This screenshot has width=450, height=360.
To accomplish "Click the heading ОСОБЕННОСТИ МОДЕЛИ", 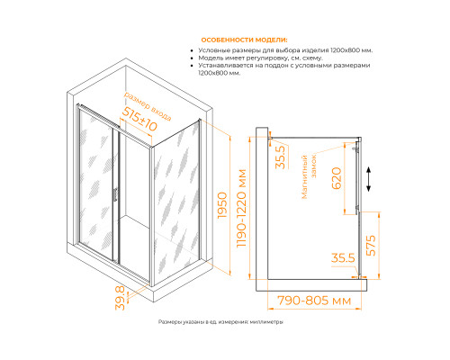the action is coord(244,40).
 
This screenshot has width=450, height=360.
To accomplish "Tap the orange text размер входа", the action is coord(148,106).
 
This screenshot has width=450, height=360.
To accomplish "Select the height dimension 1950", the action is coord(222,205).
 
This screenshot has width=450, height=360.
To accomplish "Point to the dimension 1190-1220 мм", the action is coord(241,209).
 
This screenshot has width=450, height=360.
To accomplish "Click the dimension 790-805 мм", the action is coord(314,301).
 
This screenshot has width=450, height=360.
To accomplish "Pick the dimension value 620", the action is coord(337,178).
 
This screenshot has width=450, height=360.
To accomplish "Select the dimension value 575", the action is coord(371,246).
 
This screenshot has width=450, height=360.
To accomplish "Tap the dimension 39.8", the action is coord(120,298).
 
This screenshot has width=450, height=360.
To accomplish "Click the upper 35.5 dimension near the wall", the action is coord(281,157).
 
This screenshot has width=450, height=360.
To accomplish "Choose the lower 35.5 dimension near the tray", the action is coord(343,257).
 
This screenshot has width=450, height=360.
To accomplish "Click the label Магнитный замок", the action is coord(309,176).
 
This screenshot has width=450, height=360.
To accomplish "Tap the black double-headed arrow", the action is coord(369,179).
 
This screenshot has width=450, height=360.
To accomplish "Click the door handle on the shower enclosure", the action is coord(114,193).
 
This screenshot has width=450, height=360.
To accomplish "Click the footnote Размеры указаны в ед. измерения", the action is coord(220,322).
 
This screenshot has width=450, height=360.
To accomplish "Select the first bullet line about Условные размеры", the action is coord(285,50).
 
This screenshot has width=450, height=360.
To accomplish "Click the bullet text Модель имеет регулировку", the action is coord(260,58).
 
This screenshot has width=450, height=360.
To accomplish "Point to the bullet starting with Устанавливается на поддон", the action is coord(284,69).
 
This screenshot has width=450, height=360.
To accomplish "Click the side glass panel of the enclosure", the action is coord(175,202).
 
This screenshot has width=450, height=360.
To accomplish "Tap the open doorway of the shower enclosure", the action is coord(134,204).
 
